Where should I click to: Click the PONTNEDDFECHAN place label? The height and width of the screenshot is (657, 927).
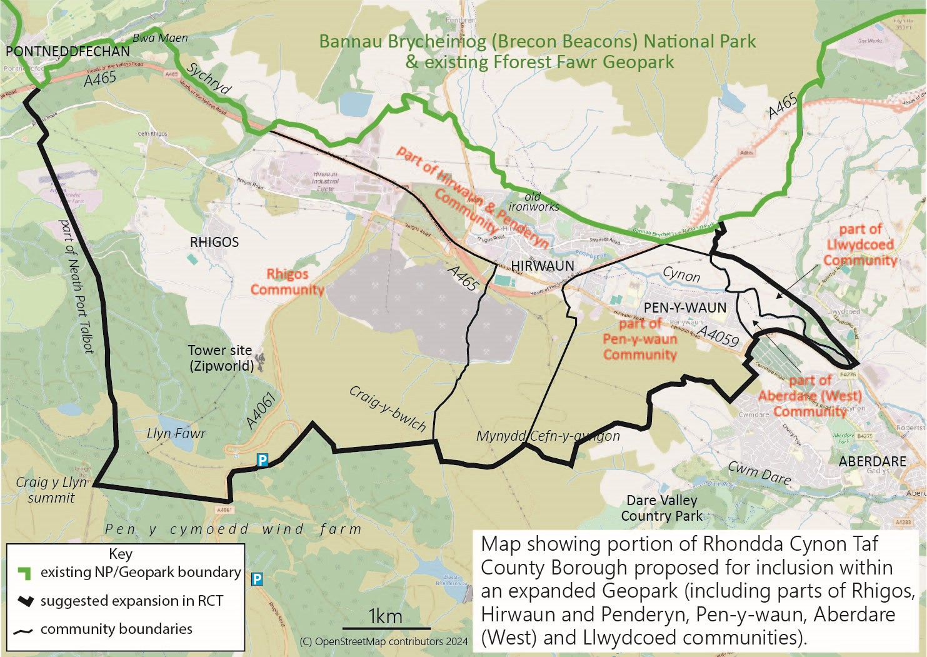point(68,51)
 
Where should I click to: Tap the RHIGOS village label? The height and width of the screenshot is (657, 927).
point(214,242)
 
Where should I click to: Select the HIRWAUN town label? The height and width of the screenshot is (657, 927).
point(543,266)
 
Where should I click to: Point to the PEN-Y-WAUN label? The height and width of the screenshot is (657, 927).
point(685,308)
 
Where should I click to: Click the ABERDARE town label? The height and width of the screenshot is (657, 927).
point(872,461)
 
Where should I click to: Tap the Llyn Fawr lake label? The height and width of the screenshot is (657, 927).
point(176,433)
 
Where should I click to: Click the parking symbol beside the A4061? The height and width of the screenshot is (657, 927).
point(263,461)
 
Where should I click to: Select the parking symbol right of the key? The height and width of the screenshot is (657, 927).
point(256,579)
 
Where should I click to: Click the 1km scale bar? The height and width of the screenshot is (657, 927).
point(386,627)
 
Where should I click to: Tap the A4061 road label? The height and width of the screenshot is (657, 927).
point(261,413)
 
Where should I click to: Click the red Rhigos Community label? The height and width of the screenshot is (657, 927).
point(287,282)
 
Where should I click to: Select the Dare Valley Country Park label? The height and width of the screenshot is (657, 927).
point(661,508)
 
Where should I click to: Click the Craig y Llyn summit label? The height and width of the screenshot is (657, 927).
point(51,490)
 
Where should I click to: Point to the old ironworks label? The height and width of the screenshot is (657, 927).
point(534,201)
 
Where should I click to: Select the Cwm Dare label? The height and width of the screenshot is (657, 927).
point(759,473)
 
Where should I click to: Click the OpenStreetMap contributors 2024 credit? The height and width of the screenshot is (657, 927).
point(384,641)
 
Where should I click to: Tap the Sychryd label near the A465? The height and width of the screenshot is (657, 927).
point(209,78)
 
